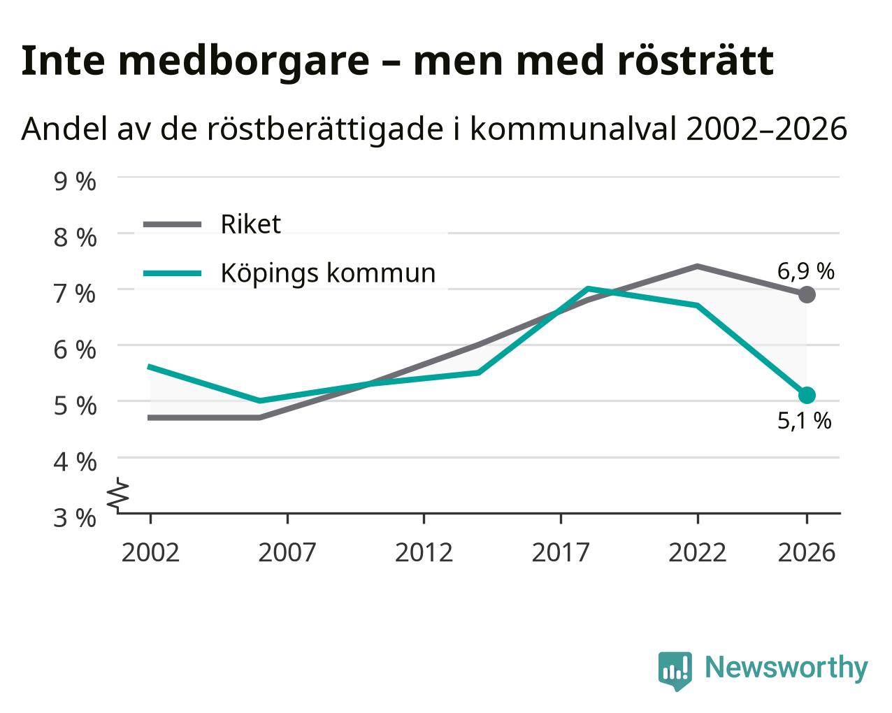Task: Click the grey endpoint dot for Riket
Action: click(x=806, y=295)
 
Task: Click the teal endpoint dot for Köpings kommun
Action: click(x=806, y=395)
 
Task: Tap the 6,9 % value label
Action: click(x=805, y=271)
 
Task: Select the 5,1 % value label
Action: click(x=804, y=421)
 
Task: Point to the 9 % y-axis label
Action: click(x=75, y=182)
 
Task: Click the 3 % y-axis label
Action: click(x=75, y=518)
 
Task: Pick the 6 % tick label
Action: click(x=75, y=350)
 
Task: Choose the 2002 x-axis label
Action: click(x=150, y=552)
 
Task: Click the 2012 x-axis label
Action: click(x=424, y=552)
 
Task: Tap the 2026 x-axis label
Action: click(x=806, y=552)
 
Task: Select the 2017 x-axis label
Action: click(x=561, y=552)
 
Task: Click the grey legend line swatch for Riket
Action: click(x=173, y=224)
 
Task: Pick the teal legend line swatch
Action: click(x=173, y=273)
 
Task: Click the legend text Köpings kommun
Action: click(x=328, y=273)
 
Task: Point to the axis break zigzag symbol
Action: click(x=119, y=494)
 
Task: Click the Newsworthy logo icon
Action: click(x=675, y=669)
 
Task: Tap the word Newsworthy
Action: click(x=786, y=668)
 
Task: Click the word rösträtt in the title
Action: click(x=695, y=61)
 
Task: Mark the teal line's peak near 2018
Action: click(x=588, y=288)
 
